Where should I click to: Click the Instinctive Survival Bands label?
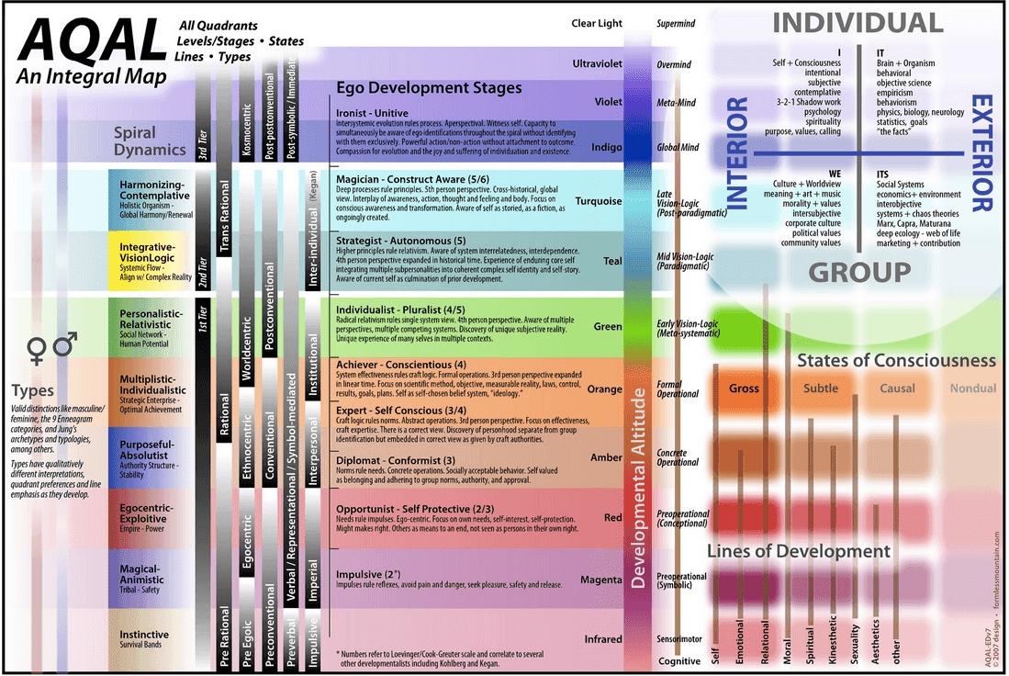coord(144,639)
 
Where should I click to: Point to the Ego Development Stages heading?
coord(429,88)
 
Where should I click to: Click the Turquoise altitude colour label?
coord(599,201)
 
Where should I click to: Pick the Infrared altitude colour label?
coord(603,639)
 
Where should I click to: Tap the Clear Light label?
coord(596,24)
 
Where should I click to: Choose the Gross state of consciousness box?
coord(744,388)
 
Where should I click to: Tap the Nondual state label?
coord(971,389)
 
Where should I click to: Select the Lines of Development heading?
coord(798,551)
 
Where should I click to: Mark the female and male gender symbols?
coord(52,347)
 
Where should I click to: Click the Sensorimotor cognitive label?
coord(678,636)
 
